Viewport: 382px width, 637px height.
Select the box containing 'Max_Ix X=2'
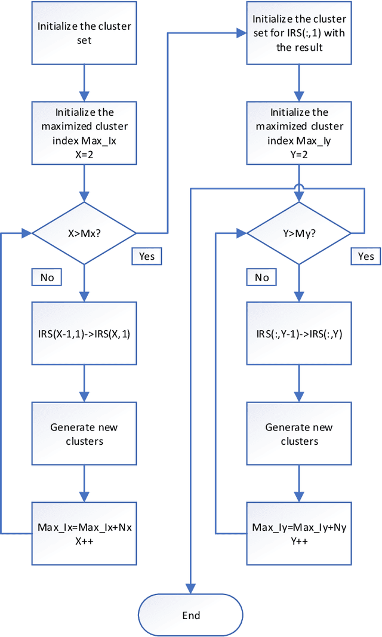click(x=84, y=126)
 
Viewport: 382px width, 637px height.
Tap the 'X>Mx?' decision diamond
click(x=84, y=232)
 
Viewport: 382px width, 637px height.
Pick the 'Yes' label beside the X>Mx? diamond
click(x=146, y=256)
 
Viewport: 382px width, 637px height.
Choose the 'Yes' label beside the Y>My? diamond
click(x=365, y=256)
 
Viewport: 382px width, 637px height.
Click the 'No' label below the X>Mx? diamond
click(x=46, y=277)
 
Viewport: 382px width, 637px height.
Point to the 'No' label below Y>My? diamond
click(x=261, y=277)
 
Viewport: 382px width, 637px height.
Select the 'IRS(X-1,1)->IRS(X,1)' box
click(x=84, y=334)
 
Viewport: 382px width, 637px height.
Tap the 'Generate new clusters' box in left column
click(x=84, y=434)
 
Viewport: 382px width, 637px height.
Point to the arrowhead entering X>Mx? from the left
click(x=27, y=232)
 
